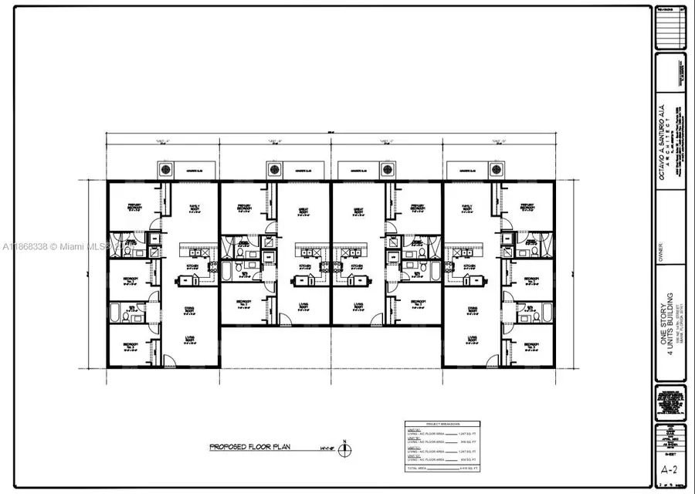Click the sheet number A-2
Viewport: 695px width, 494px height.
click(669, 469)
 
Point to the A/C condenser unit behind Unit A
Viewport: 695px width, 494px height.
click(164, 169)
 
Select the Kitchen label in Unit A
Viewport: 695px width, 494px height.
click(193, 265)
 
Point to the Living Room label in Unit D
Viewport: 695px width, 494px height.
click(472, 339)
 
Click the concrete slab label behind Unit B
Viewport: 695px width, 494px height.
click(300, 169)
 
